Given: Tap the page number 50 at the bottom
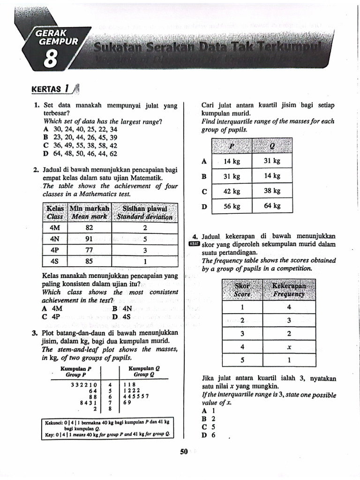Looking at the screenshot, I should (x=183, y=451).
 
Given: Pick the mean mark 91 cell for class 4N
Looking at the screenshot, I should (x=89, y=239).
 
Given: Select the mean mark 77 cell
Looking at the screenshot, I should (x=89, y=250).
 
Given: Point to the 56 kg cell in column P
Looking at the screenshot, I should (x=232, y=206).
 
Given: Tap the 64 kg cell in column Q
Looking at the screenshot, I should (x=272, y=206).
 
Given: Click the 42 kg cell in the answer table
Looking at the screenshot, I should (x=232, y=191).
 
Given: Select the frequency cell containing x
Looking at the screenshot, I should (x=289, y=347).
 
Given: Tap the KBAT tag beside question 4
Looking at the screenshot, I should (x=194, y=244).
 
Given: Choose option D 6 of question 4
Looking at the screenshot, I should (x=208, y=435).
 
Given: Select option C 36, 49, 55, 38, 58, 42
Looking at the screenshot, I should (x=80, y=146).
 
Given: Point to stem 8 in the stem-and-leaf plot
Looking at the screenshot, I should (x=110, y=408).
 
